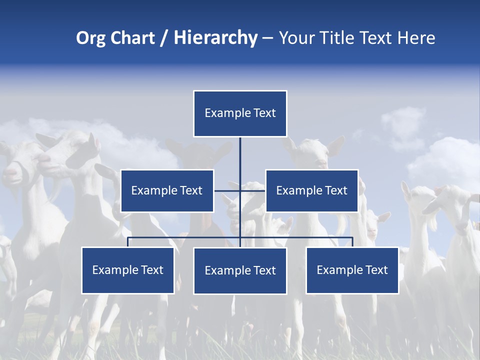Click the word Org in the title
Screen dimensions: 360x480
point(90,38)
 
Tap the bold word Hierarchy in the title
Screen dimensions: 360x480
point(215,38)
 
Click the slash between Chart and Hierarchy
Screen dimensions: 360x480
point(164,38)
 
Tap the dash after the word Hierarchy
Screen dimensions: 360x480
point(267,38)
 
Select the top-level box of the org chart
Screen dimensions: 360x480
point(240,113)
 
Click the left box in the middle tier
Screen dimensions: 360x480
point(167,190)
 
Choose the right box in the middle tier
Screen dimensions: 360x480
point(311,190)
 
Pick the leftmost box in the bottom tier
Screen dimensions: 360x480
point(128,270)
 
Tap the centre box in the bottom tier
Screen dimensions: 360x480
point(240,271)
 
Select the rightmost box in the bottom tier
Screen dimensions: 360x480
point(352,270)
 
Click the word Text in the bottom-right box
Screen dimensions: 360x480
point(376,270)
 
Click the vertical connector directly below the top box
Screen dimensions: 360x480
point(240,152)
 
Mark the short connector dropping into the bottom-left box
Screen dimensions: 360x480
point(128,242)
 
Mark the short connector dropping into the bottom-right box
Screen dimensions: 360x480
point(352,242)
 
